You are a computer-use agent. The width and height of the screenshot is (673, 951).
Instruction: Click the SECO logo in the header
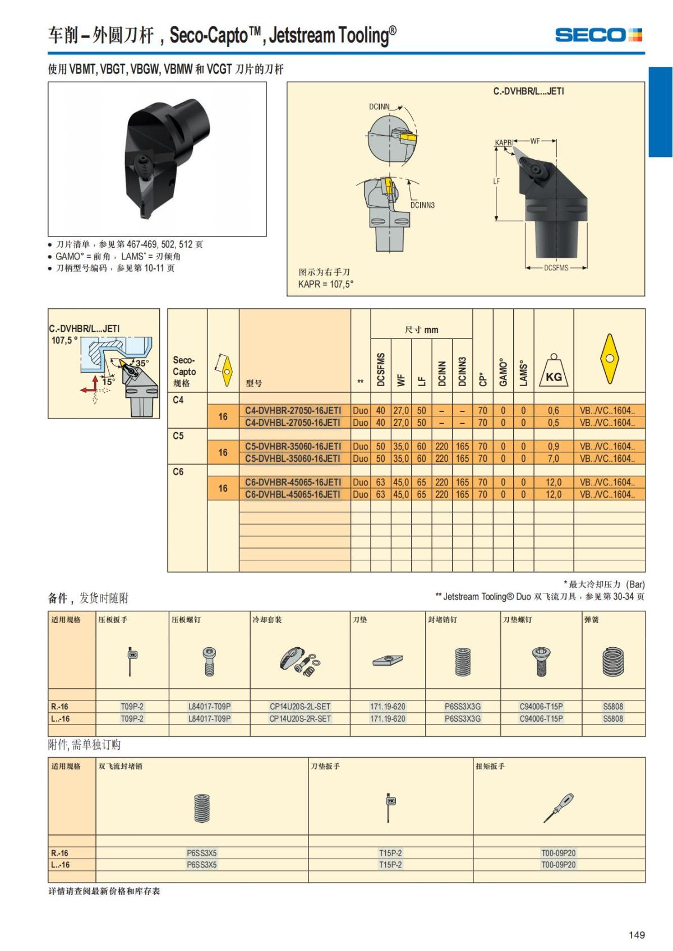[x=598, y=35]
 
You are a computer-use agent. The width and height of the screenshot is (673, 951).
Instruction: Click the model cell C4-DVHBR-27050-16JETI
[x=293, y=411]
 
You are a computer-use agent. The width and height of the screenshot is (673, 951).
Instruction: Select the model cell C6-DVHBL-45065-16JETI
[x=293, y=495]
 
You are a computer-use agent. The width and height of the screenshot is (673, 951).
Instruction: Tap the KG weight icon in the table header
[x=554, y=372]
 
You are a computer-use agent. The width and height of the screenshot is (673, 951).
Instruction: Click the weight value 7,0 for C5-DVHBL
[x=554, y=459]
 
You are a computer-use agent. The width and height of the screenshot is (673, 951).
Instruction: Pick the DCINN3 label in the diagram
[x=422, y=205]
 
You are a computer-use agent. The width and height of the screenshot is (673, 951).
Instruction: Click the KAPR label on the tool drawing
[x=504, y=143]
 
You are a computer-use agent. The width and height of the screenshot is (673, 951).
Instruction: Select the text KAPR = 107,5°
[x=326, y=285]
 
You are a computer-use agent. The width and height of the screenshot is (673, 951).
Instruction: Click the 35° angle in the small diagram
[x=142, y=363]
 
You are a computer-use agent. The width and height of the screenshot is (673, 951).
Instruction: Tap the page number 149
[x=637, y=935]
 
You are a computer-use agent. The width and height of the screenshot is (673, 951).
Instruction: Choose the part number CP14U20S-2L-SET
[x=300, y=707]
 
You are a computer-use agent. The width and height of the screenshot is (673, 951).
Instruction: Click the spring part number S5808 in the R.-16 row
[x=613, y=707]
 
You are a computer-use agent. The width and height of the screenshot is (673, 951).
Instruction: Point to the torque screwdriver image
[x=559, y=808]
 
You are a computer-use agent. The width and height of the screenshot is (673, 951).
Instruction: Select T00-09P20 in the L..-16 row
[x=559, y=865]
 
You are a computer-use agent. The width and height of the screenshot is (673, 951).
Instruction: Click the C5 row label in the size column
[x=178, y=436]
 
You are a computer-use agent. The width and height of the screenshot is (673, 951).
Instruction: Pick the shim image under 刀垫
[x=388, y=661]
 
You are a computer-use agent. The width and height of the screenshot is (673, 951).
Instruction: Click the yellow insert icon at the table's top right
[x=609, y=359]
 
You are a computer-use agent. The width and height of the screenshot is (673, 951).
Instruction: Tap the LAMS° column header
[x=523, y=373]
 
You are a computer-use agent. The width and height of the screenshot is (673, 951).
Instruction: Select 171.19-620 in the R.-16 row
[x=388, y=707]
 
